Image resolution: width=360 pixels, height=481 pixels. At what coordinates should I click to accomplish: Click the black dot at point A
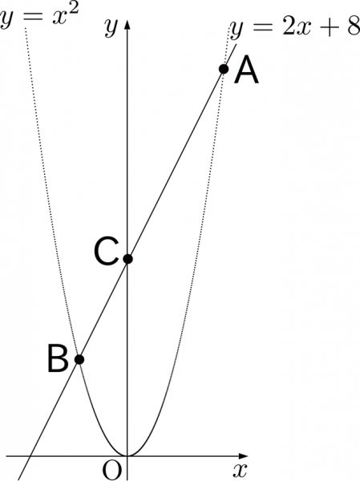[224, 69]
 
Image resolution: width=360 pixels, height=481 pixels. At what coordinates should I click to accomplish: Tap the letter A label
[246, 71]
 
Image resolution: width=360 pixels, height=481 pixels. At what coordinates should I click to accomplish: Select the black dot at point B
[79, 359]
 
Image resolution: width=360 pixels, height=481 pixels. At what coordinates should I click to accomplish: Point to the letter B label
[58, 359]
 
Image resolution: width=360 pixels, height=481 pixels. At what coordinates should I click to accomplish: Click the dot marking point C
[127, 259]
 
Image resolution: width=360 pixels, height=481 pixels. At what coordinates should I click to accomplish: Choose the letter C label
[106, 253]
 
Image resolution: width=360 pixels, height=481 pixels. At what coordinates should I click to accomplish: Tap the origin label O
[111, 471]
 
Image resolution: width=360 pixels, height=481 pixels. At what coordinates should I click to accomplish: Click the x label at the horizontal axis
[240, 471]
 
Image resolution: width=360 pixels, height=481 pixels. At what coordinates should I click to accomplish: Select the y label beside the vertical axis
[111, 27]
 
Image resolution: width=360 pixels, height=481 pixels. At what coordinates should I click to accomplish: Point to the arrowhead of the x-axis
[243, 456]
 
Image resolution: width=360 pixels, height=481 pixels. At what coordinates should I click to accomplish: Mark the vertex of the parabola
[127, 456]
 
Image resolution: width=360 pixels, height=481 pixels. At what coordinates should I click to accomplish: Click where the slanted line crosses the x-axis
[29, 456]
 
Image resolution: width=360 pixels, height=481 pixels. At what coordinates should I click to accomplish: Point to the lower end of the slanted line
[18, 479]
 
